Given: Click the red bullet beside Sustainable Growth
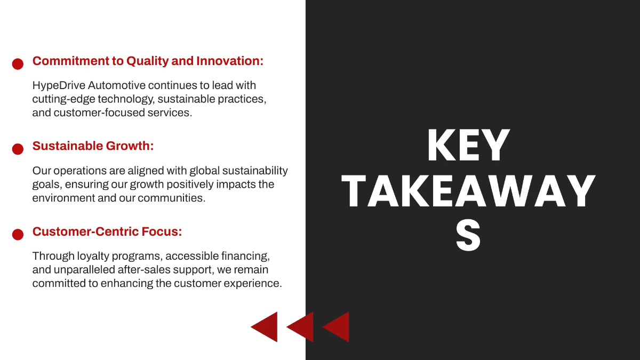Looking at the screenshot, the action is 18,149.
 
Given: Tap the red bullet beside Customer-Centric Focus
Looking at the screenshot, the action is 18,235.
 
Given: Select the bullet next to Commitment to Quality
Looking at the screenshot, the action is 18,64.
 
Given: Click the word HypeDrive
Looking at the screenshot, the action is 59,86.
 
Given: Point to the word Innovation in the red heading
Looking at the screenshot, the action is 230,61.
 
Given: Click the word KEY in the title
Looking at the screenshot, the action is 469,145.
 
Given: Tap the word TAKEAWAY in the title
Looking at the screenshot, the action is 469,191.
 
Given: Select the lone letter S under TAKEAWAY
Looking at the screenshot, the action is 468,236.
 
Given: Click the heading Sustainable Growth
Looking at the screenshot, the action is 93,146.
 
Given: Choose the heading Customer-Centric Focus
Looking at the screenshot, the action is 107,231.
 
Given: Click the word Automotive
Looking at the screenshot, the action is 117,85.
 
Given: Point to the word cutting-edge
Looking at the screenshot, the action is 63,99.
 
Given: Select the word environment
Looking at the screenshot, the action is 63,198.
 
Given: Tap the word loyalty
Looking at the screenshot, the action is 93,257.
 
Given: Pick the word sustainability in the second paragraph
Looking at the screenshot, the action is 255,171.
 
